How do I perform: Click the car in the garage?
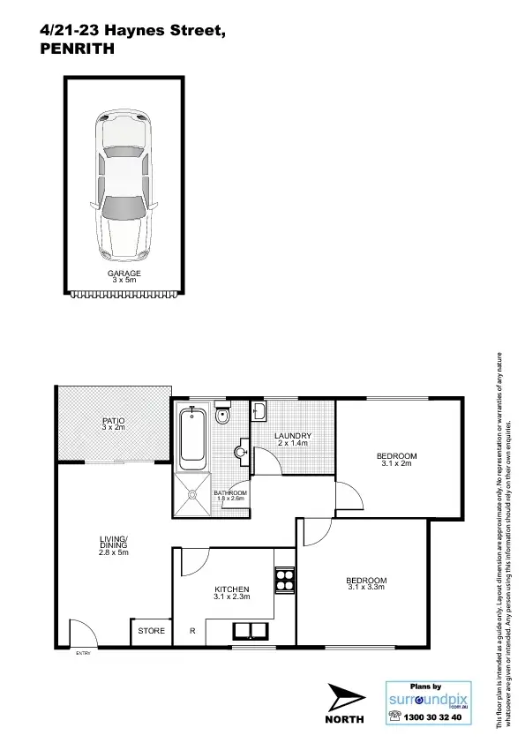coord(124,185)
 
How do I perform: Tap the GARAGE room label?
coord(124,274)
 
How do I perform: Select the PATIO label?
coord(112,421)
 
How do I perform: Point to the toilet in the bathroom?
coord(223,415)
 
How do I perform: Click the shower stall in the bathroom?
coord(191,494)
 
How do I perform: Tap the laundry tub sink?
coord(259,412)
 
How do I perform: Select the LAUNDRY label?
coord(292,436)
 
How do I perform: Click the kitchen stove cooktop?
coord(284,580)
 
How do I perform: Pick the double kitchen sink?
coord(251,630)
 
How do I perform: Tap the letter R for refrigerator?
coord(192,631)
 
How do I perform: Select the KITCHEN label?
coord(232,589)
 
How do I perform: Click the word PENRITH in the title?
coord(78,50)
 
